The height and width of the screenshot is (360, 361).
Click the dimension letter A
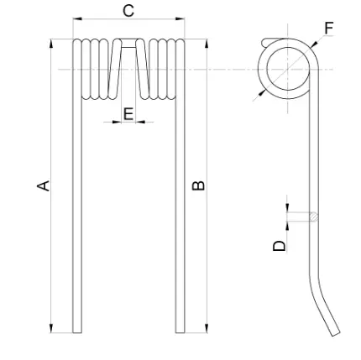tap(44, 186)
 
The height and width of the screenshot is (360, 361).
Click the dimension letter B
tap(198, 185)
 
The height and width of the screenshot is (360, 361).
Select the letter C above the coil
tap(128, 11)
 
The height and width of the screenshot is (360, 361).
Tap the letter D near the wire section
tap(280, 246)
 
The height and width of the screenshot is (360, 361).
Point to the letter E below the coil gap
tap(128, 114)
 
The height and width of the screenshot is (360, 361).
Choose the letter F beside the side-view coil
tap(329, 29)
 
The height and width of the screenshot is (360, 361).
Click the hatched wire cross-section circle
tap(314, 217)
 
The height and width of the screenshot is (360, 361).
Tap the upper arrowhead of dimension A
tap(51, 44)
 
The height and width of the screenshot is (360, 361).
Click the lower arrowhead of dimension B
tap(207, 328)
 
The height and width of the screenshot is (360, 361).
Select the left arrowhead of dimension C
tap(77, 18)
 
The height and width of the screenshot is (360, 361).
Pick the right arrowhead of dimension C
tap(180, 18)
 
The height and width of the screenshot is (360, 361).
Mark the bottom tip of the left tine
tap(77, 332)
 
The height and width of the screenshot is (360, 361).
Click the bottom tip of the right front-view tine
tap(180, 332)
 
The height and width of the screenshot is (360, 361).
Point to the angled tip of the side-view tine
tap(336, 334)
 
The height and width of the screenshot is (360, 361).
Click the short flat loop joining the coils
tap(128, 43)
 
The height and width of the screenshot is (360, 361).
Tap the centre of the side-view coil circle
tap(288, 69)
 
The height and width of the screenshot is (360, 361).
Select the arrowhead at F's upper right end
tap(314, 44)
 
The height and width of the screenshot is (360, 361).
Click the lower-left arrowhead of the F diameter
tap(261, 94)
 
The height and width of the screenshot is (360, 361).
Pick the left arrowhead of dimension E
tap(117, 122)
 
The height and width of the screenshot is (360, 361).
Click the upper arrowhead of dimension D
tap(287, 208)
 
